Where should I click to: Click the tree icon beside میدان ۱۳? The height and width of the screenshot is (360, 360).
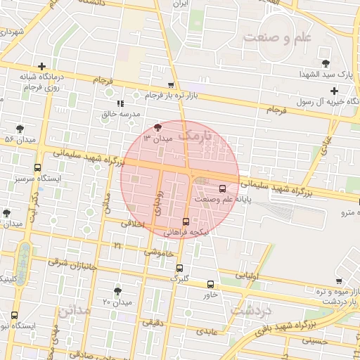pyautogui.click(x=157, y=127)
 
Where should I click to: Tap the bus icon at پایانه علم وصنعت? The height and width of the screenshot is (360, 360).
pyautogui.click(x=223, y=188)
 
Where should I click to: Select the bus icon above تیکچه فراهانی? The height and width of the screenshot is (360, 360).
pyautogui.click(x=186, y=221)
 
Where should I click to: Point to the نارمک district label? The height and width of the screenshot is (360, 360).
pyautogui.click(x=195, y=133)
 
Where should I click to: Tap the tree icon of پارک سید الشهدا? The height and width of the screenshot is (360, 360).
pyautogui.click(x=324, y=54)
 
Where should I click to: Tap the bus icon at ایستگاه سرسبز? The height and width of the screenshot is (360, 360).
pyautogui.click(x=37, y=168)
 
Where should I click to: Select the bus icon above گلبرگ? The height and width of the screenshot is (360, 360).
pyautogui.click(x=180, y=268)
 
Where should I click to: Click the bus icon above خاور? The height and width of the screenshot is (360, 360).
pyautogui.click(x=211, y=284)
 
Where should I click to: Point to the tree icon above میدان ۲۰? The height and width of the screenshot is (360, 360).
pyautogui.click(x=117, y=290)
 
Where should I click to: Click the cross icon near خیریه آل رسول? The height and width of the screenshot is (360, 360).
pyautogui.click(x=334, y=91)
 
